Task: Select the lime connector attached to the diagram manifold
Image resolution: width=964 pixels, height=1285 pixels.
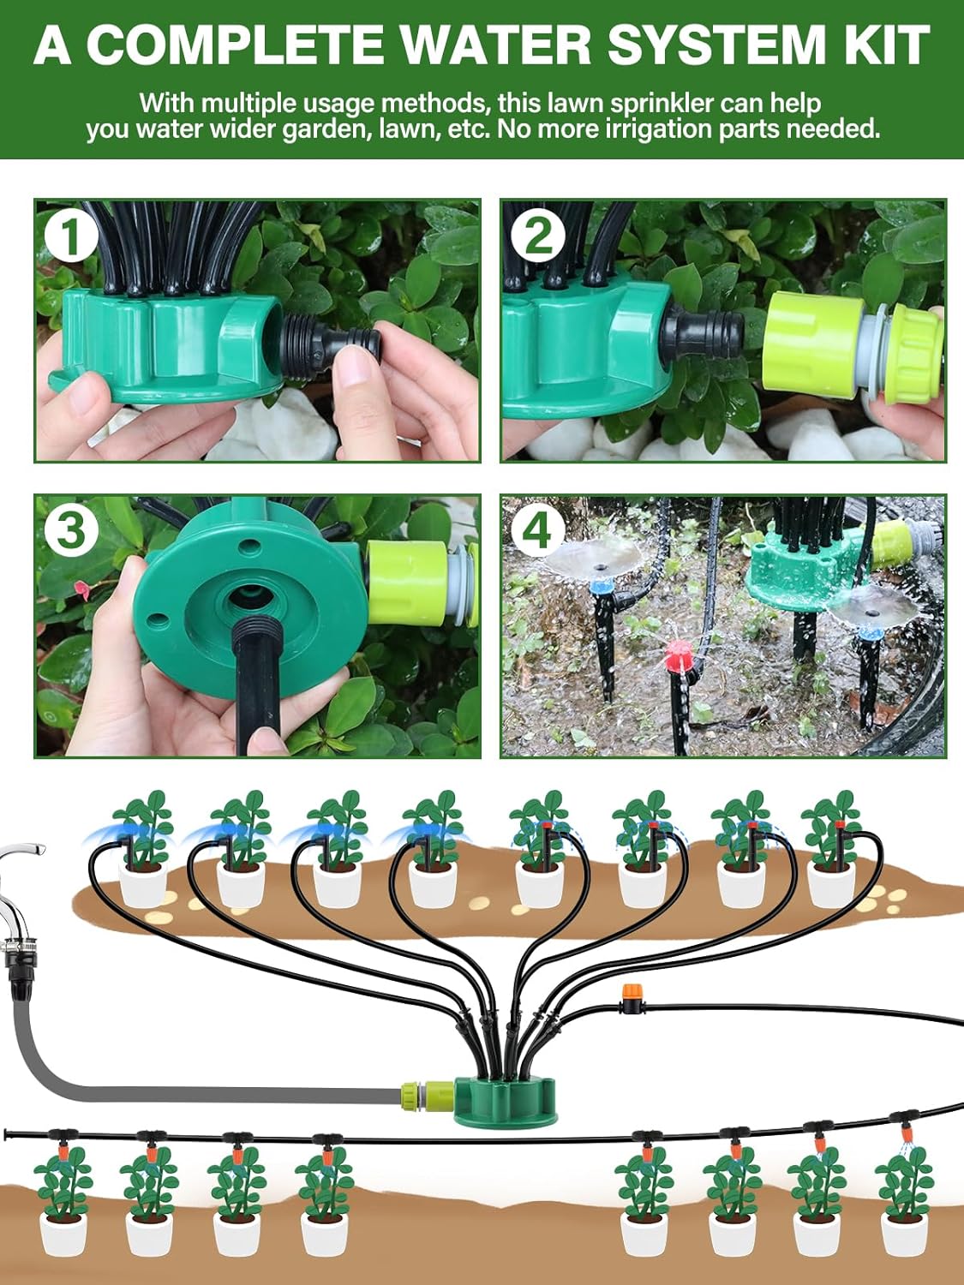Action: click(x=428, y=1095)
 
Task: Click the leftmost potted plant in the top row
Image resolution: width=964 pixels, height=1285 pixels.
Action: click(x=143, y=848)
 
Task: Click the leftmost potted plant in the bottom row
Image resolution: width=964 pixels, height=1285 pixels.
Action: click(x=63, y=1208)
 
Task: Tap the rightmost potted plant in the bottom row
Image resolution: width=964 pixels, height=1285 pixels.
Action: click(x=903, y=1208)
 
